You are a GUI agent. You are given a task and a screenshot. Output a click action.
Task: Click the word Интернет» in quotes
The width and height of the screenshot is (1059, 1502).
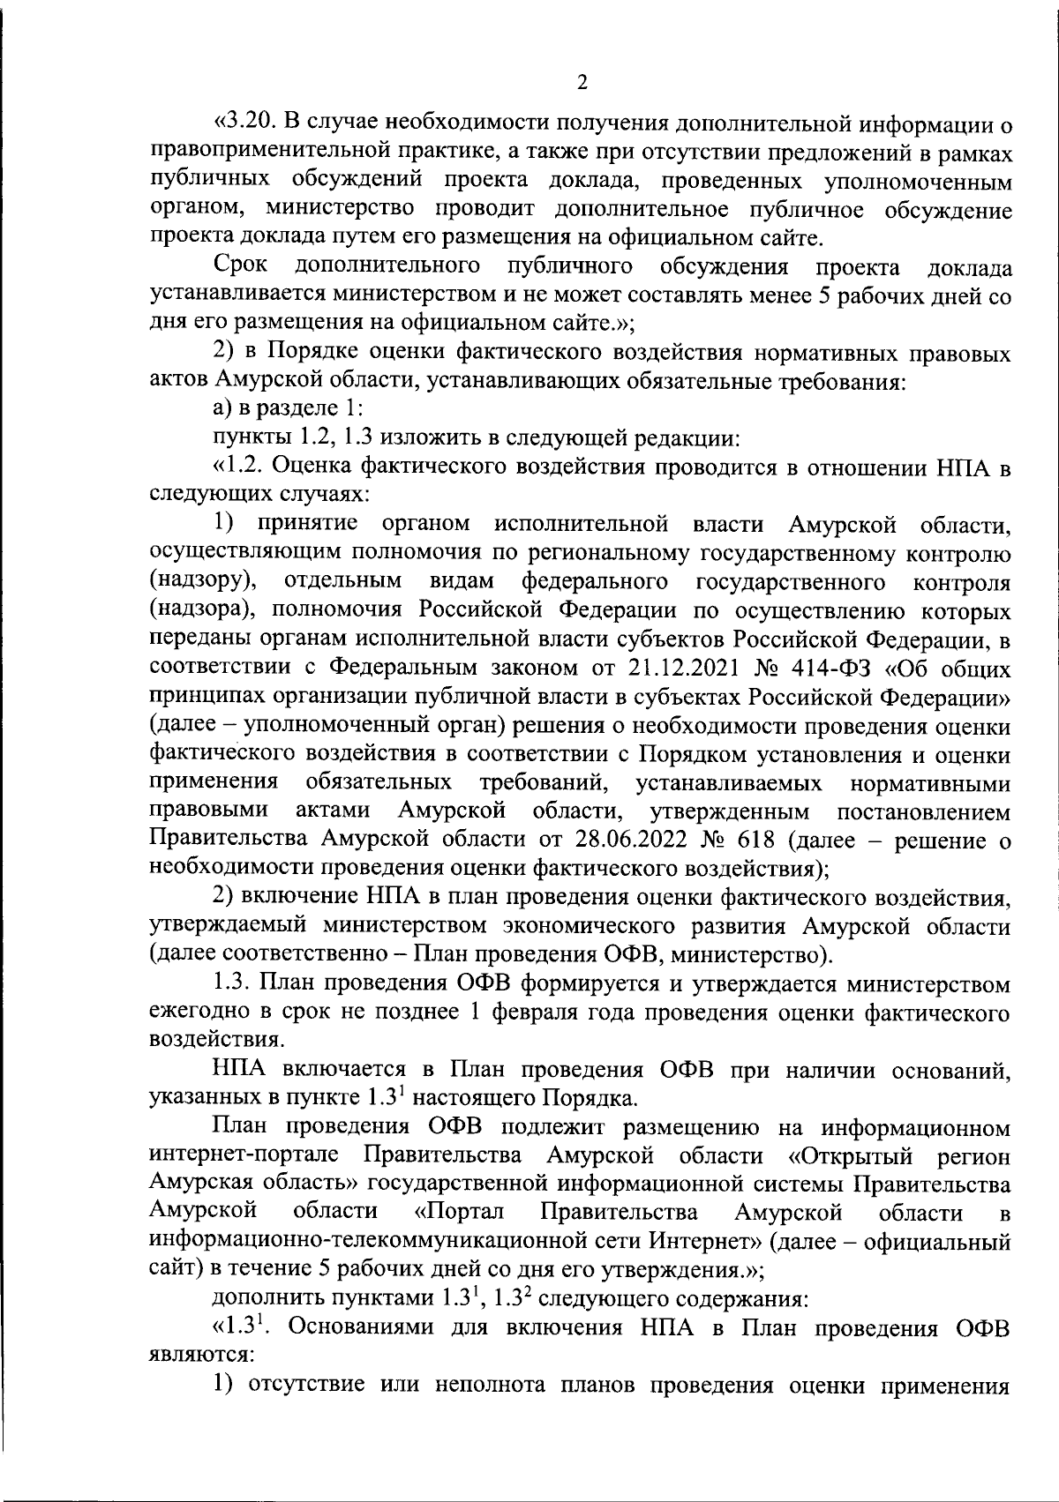pyautogui.click(x=706, y=1244)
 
